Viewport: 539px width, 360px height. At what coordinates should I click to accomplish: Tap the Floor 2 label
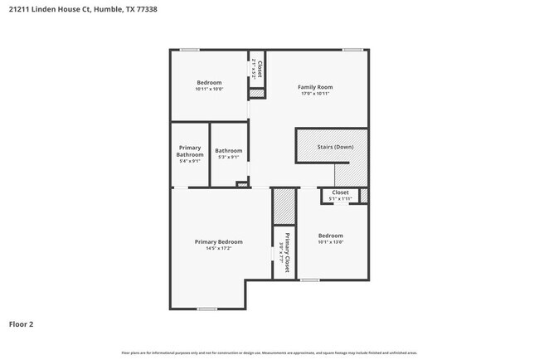pyautogui.click(x=22, y=324)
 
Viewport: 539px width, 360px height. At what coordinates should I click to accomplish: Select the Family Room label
pyautogui.click(x=315, y=87)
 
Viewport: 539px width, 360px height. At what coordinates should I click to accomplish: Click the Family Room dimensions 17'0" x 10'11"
pyautogui.click(x=315, y=94)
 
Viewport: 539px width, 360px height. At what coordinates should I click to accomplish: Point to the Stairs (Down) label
pyautogui.click(x=335, y=147)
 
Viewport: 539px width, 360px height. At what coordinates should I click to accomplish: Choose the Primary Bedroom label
pyautogui.click(x=219, y=241)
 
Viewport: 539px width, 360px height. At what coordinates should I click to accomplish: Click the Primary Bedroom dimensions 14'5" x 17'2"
pyautogui.click(x=219, y=248)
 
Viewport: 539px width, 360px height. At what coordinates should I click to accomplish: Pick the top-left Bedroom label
pyautogui.click(x=209, y=82)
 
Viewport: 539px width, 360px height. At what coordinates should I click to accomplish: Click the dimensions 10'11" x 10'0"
pyautogui.click(x=209, y=89)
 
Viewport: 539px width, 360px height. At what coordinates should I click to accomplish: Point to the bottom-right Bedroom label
pyautogui.click(x=330, y=235)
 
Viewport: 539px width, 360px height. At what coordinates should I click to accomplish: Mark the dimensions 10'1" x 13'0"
pyautogui.click(x=330, y=242)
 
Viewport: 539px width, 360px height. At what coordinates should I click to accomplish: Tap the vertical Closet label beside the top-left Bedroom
pyautogui.click(x=260, y=69)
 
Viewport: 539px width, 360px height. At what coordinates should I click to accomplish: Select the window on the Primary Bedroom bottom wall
pyautogui.click(x=207, y=309)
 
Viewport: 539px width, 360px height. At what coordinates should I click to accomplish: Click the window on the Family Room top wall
pyautogui.click(x=353, y=50)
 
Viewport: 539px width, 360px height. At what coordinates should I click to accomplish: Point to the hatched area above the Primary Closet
pyautogui.click(x=284, y=207)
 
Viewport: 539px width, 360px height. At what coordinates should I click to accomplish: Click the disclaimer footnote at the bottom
pyautogui.click(x=269, y=353)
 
